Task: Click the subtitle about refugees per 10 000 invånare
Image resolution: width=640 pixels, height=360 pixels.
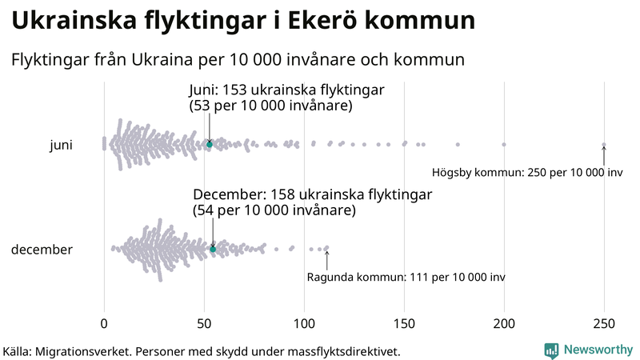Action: point(238,60)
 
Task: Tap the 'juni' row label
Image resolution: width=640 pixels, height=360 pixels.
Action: point(61,145)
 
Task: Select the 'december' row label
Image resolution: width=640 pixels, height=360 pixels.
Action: point(42,250)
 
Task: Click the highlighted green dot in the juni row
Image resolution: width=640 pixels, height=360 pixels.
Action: point(210,144)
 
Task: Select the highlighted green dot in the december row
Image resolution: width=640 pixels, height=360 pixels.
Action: point(213,250)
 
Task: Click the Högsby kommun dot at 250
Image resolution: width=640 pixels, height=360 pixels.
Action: point(604,145)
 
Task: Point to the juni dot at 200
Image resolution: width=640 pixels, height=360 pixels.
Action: point(504,145)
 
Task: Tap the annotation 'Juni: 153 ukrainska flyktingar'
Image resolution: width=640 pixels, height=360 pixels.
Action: point(286,90)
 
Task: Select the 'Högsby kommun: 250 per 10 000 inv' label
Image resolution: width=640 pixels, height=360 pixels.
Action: point(526,172)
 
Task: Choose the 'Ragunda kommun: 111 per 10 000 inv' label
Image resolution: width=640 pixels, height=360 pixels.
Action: point(406,278)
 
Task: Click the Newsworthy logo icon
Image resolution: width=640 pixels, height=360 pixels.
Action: point(551,350)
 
